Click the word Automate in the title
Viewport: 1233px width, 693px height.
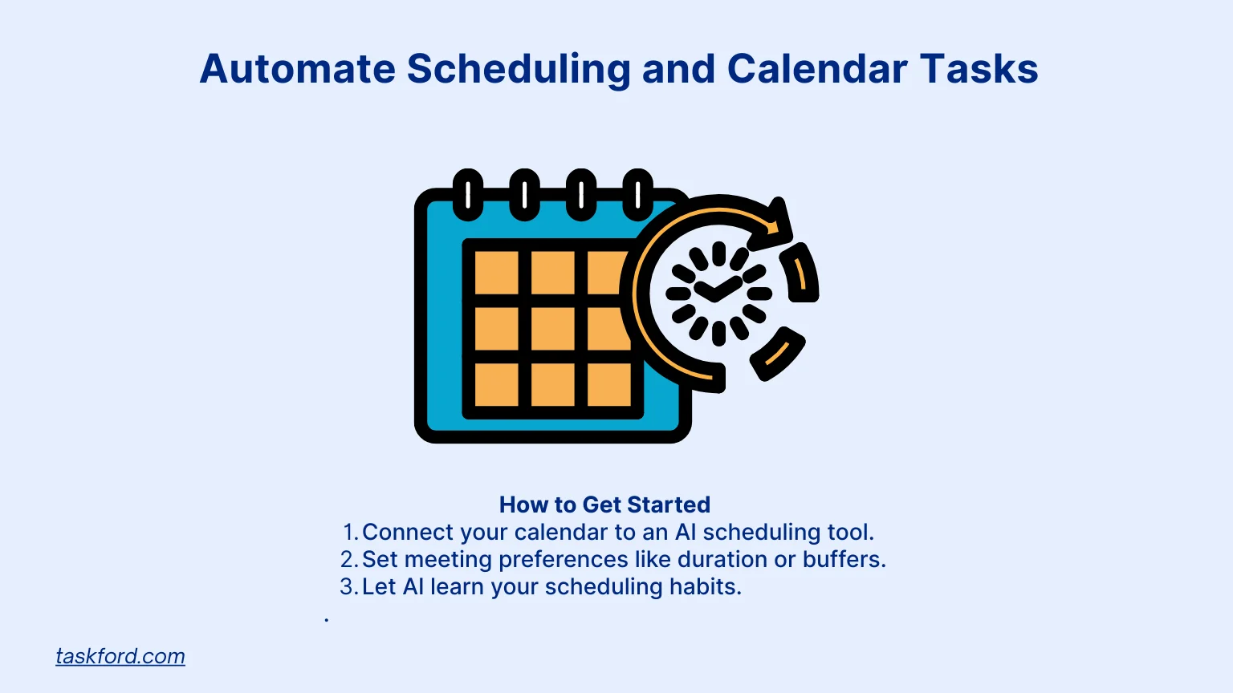[297, 69]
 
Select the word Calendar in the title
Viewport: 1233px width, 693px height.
[816, 69]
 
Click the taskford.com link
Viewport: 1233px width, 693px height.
[120, 656]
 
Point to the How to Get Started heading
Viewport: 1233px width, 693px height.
[604, 505]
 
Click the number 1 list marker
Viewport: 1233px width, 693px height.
[349, 533]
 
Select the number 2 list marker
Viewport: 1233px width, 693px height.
[348, 560]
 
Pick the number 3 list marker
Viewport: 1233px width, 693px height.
[348, 587]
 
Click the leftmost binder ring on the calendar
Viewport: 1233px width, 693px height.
[468, 195]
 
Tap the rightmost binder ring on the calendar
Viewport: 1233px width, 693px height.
[638, 195]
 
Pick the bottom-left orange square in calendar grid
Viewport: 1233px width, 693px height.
[496, 385]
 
